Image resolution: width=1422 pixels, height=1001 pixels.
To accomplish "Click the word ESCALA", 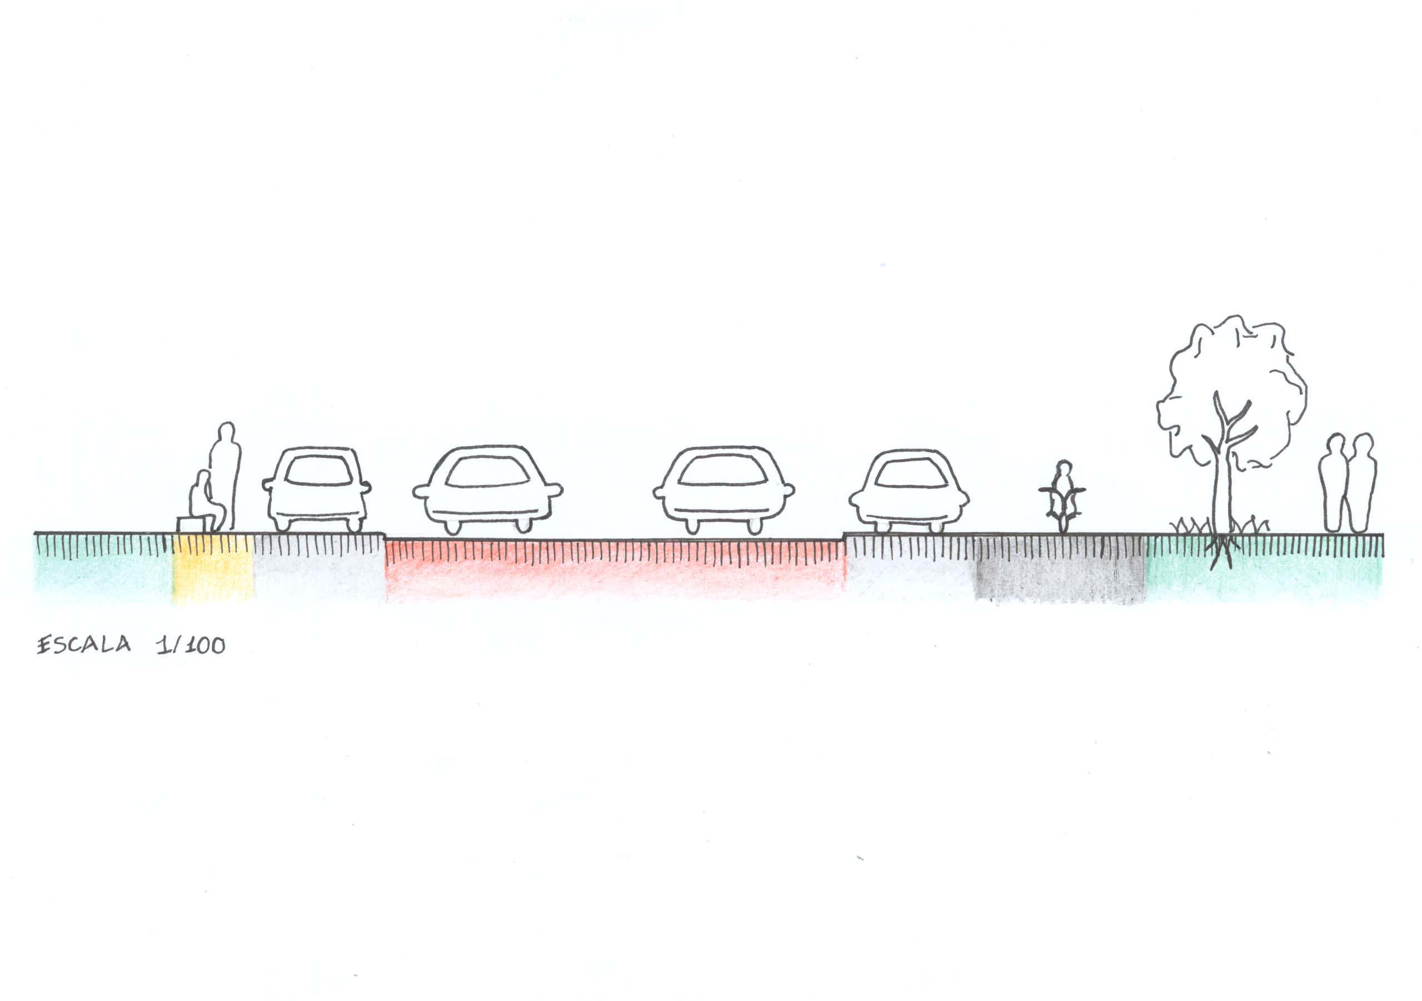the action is pos(84,645).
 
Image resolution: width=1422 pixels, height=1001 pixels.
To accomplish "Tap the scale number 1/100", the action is pos(191,645).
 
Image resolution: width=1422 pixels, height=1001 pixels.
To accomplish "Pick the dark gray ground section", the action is pos(1061,569).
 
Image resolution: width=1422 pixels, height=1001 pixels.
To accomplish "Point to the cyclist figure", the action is pos(1063,496).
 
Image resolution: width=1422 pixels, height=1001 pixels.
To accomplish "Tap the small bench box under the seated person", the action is pos(191,525).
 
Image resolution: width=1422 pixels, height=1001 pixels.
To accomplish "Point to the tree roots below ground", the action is pos(1222,551).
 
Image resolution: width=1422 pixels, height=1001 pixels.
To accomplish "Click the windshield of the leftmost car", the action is pos(318,471).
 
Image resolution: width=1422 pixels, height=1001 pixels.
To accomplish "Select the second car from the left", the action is pos(487,489).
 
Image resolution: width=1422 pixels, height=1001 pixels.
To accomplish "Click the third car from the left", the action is pos(724,489).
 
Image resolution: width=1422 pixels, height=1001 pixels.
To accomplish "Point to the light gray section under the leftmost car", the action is pos(320,569).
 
